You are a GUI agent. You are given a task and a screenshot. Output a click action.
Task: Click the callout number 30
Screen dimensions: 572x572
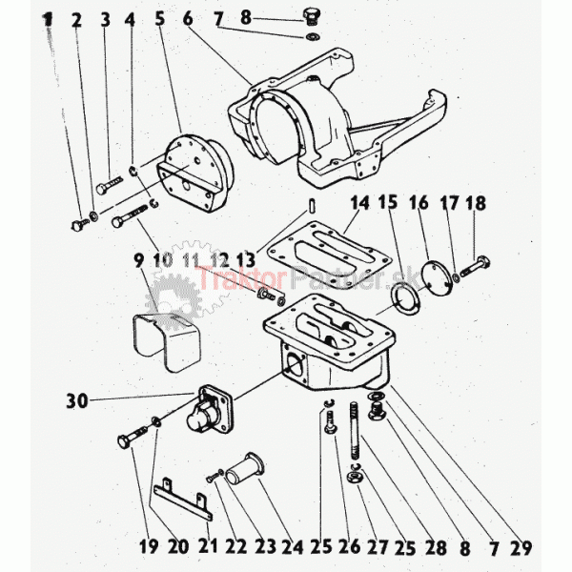pyautogui.click(x=77, y=401)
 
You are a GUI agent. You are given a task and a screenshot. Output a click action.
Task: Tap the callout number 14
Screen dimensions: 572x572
pyautogui.click(x=359, y=203)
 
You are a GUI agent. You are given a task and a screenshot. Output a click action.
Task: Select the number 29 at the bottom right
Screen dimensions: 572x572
pyautogui.click(x=520, y=547)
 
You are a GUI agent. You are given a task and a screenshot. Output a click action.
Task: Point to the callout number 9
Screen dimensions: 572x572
pyautogui.click(x=139, y=261)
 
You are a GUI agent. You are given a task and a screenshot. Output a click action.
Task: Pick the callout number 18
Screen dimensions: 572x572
pyautogui.click(x=476, y=203)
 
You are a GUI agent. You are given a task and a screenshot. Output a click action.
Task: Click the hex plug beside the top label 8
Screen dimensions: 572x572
pyautogui.click(x=310, y=17)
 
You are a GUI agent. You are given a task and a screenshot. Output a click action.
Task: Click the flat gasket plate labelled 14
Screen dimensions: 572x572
pyautogui.click(x=330, y=255)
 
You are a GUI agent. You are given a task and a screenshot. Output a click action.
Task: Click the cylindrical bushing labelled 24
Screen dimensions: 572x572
pyautogui.click(x=245, y=470)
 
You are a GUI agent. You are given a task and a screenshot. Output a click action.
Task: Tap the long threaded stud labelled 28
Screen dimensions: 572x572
pyautogui.click(x=355, y=431)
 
